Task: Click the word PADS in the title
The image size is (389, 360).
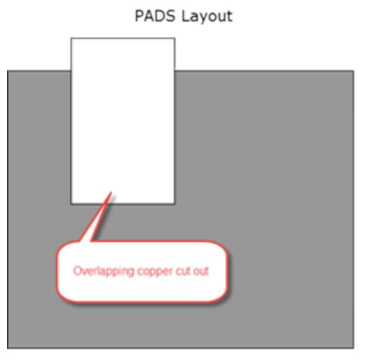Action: click(155, 16)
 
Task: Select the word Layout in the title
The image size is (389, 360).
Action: click(207, 17)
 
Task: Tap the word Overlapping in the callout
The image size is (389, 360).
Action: click(104, 271)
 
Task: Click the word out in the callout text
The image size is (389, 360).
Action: click(201, 271)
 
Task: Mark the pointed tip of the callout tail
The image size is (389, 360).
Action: click(111, 192)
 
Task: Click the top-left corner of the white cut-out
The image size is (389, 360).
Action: click(71, 39)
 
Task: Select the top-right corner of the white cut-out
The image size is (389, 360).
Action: click(175, 39)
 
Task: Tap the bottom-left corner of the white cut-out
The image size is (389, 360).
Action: click(71, 204)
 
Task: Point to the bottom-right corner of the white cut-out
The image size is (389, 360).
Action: click(175, 204)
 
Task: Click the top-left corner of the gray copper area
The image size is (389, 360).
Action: click(8, 71)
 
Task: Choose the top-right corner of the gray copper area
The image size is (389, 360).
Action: click(353, 71)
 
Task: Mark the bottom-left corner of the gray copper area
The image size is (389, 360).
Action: click(8, 348)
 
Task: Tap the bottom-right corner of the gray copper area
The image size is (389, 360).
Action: click(353, 348)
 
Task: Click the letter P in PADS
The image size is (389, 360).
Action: click(139, 16)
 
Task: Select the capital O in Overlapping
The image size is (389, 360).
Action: click(77, 271)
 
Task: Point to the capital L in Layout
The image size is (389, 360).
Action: click(185, 16)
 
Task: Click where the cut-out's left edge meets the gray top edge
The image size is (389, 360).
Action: click(71, 71)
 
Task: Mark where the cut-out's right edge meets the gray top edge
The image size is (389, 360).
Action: click(175, 71)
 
